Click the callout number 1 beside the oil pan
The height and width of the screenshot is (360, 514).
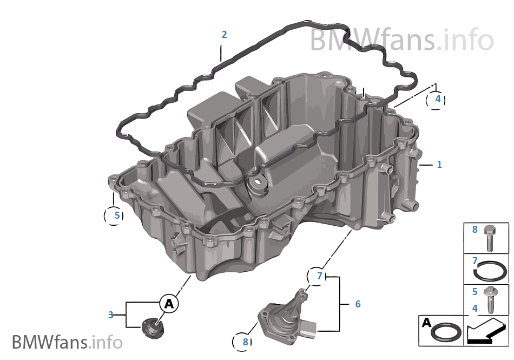(439, 164)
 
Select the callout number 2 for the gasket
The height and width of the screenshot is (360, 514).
(224, 35)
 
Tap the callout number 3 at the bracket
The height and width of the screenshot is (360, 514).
(111, 315)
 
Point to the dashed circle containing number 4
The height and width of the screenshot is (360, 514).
(436, 100)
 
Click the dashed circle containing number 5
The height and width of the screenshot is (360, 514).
(114, 215)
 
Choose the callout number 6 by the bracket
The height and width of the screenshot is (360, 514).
(358, 304)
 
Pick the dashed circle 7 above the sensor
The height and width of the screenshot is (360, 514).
(317, 277)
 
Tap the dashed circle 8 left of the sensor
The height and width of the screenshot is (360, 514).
(242, 342)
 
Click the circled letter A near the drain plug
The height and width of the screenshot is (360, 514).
(169, 304)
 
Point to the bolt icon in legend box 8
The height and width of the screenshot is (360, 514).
(490, 238)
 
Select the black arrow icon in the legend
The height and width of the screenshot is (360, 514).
(486, 331)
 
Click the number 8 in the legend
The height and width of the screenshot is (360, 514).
(475, 230)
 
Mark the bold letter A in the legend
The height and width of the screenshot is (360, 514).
(426, 323)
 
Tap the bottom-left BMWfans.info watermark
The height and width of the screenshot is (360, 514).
(67, 342)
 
